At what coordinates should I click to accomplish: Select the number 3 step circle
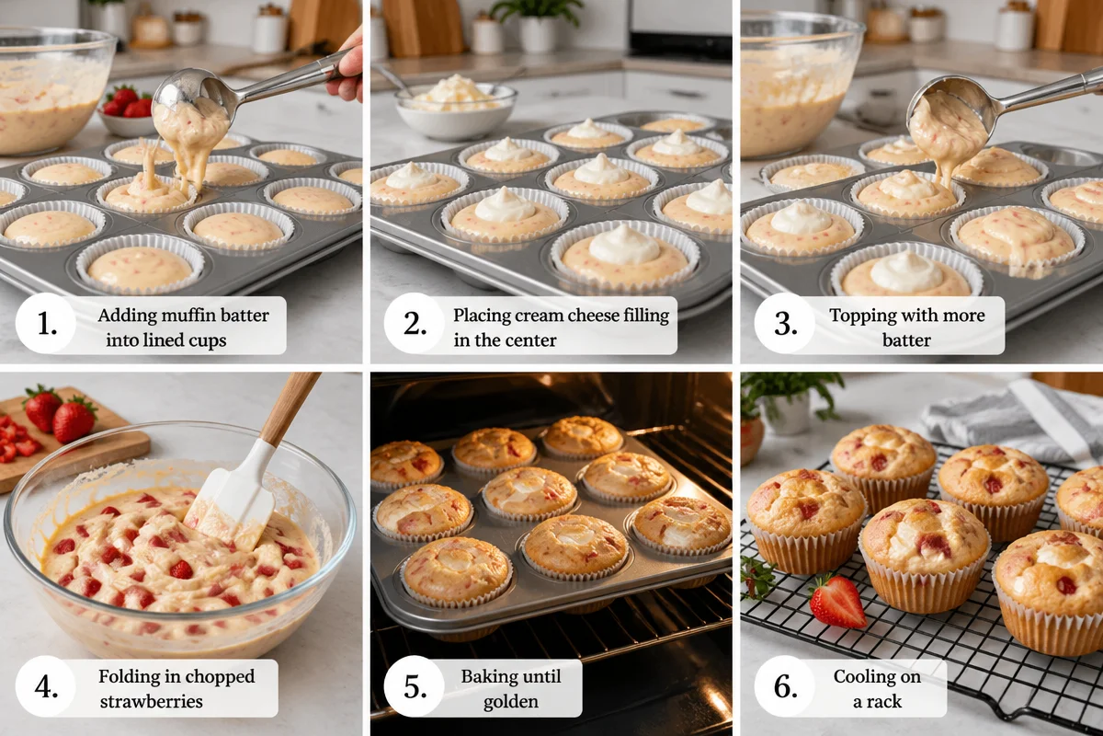(785, 324)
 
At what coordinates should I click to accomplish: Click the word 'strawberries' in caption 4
(151, 702)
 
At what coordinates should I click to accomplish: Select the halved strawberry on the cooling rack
(837, 602)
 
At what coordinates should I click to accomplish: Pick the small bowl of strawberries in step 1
(126, 110)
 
